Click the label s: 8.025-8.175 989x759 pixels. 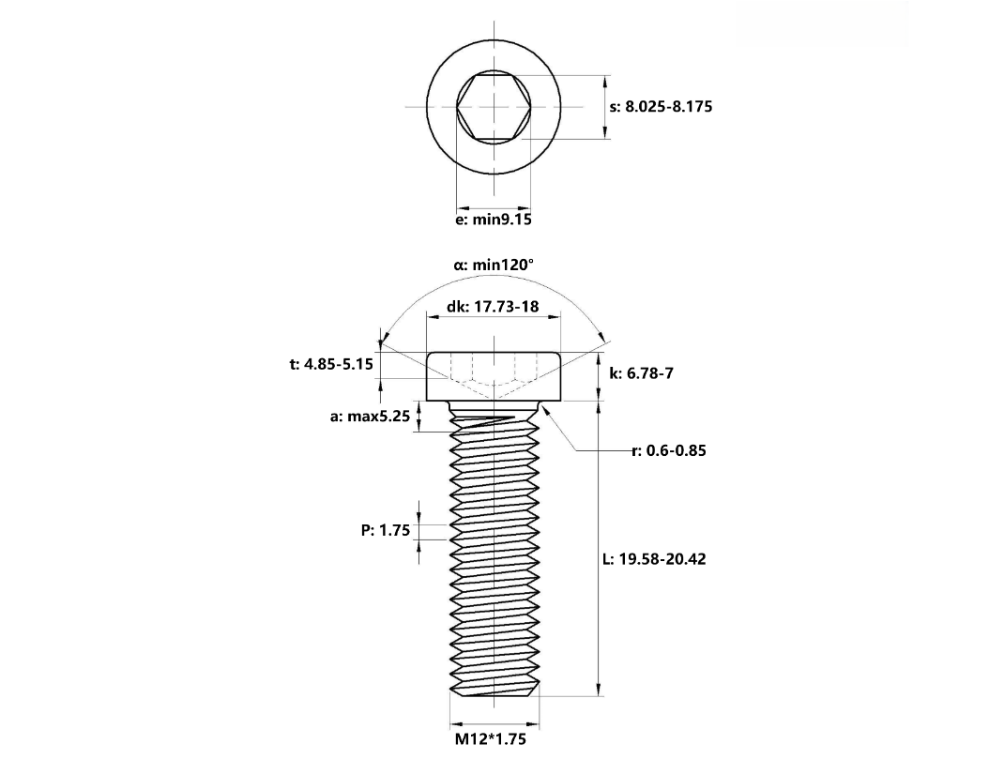coord(661,107)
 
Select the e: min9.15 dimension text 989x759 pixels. coord(494,220)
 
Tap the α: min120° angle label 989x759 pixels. coord(494,266)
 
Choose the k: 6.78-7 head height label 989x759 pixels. coord(641,373)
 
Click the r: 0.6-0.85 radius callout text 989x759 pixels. coord(669,450)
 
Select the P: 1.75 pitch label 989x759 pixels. coord(386,531)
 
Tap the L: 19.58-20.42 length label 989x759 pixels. coord(654,559)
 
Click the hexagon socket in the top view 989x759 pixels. coord(494,107)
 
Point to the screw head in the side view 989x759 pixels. coord(494,375)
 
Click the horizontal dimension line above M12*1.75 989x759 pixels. coord(494,724)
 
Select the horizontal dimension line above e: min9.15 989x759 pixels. coord(494,208)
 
